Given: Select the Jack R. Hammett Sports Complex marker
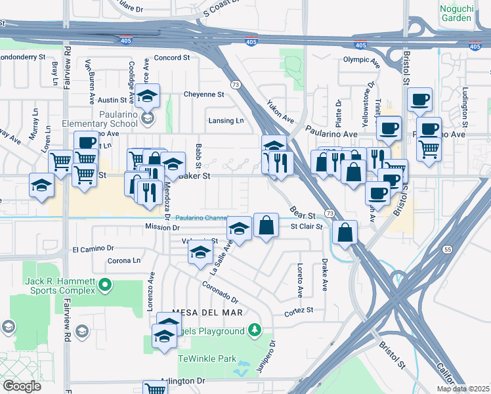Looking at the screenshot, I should click(104, 285).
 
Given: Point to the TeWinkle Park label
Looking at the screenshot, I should click(207, 359).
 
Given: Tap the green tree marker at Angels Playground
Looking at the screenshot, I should click(254, 330).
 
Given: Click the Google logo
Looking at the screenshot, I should click(22, 386).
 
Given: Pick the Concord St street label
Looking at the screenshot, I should click(171, 58).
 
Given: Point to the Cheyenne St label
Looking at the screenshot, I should click(203, 94).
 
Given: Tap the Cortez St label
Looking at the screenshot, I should click(299, 309).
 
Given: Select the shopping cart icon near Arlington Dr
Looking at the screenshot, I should click(154, 389).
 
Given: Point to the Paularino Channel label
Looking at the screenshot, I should click(201, 218).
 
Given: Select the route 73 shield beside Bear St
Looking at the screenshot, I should click(330, 214).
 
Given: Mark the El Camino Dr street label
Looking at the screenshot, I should click(93, 250).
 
